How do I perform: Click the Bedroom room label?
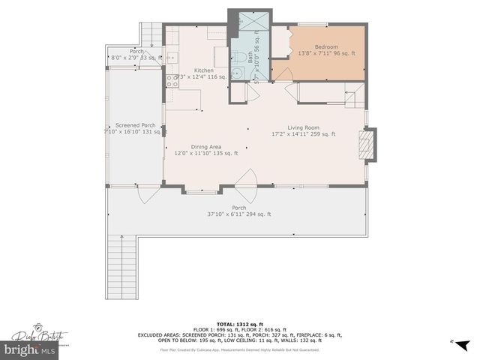click(x=325, y=46)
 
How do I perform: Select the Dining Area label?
click(x=205, y=146)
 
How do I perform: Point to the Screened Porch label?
click(x=135, y=125)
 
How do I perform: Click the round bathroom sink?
click(x=236, y=73)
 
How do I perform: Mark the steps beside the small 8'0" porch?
click(x=150, y=34)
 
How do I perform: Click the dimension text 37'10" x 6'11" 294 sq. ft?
click(x=239, y=214)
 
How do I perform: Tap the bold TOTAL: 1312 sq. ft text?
click(x=239, y=323)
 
